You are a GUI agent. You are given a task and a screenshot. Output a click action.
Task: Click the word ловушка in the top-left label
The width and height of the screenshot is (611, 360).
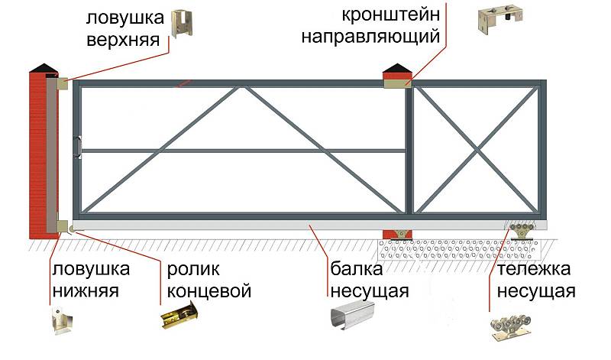[x=124, y=18]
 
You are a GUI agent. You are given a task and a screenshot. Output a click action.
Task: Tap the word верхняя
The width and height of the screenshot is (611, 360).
[x=123, y=41]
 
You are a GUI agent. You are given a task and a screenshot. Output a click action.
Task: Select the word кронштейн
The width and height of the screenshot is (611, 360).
[x=391, y=15]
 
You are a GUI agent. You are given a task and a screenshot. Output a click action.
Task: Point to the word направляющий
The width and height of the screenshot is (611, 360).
[x=370, y=37]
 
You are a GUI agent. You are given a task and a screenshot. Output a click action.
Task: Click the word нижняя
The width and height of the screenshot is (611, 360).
[x=86, y=291]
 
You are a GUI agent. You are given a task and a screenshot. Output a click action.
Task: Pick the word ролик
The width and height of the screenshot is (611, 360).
[x=193, y=270]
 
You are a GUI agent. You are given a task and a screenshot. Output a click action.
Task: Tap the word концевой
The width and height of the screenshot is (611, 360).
[x=209, y=291]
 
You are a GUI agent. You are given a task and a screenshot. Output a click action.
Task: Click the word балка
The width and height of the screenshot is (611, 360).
[x=357, y=269]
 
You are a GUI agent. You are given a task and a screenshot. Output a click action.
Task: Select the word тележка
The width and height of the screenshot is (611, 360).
[x=534, y=269]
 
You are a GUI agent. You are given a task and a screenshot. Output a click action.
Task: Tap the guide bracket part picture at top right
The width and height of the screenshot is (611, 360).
[x=500, y=20]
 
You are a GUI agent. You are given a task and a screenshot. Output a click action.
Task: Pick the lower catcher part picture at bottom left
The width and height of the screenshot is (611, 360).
[x=62, y=320]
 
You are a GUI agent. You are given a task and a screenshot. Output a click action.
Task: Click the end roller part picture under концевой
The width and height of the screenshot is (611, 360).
[x=180, y=316]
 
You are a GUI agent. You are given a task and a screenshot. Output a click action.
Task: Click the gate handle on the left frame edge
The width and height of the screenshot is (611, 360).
[x=79, y=147]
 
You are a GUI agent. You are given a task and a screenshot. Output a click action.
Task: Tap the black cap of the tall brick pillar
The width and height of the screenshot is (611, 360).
[x=44, y=67]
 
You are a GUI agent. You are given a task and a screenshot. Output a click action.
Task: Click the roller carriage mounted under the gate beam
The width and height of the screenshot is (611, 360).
[x=522, y=232]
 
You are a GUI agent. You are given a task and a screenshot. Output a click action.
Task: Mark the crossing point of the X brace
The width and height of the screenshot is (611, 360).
[x=477, y=149]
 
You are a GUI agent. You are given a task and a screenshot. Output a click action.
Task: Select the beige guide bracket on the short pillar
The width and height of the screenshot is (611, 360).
[x=398, y=83]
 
